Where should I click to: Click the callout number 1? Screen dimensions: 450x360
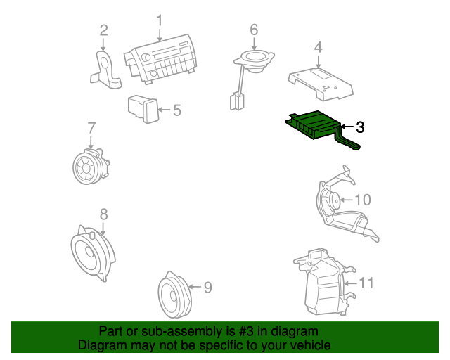(x=160, y=21)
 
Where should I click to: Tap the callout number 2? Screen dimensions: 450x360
(x=103, y=30)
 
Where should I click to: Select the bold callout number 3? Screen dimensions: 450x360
(x=360, y=127)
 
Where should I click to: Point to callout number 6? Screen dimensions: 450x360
(x=254, y=30)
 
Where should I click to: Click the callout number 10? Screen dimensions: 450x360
(x=363, y=200)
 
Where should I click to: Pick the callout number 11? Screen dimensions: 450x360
(x=366, y=283)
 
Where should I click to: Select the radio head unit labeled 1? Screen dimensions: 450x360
(x=161, y=60)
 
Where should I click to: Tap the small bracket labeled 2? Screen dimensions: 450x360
(x=105, y=70)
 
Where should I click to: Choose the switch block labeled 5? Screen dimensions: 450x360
(x=143, y=109)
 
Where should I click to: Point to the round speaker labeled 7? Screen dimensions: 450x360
(x=91, y=166)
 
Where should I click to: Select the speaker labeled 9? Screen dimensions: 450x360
(x=174, y=295)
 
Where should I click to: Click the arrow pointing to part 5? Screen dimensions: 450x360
(x=164, y=110)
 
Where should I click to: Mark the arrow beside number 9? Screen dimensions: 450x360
(x=195, y=286)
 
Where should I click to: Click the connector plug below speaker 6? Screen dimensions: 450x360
(x=237, y=101)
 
